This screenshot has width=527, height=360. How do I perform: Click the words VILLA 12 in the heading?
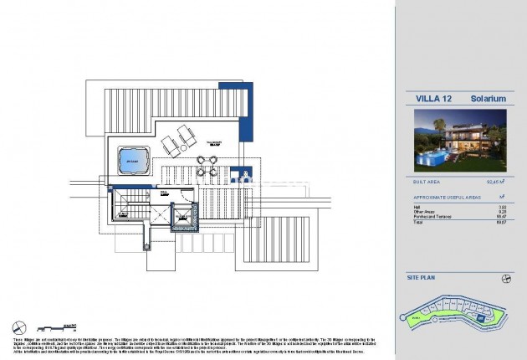(x=431, y=99)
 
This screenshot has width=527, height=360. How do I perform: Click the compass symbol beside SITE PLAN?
(x=505, y=279)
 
